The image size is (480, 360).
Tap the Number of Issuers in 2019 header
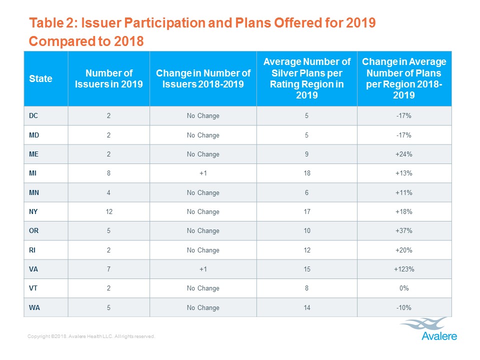click(108, 78)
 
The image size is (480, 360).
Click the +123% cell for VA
click(404, 269)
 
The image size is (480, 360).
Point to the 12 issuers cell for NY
click(108, 211)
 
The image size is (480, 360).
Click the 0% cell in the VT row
click(404, 288)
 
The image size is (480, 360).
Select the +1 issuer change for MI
click(203, 173)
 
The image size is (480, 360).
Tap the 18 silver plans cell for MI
click(306, 173)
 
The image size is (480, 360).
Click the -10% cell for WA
click(404, 307)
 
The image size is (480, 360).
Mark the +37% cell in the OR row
click(404, 230)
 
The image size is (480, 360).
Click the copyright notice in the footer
click(91, 337)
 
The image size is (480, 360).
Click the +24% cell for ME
click(404, 154)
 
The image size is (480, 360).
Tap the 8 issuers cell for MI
click(108, 173)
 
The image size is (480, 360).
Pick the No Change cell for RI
click(203, 250)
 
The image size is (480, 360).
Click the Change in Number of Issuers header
click(203, 78)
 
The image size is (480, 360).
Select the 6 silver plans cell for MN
click(306, 192)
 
